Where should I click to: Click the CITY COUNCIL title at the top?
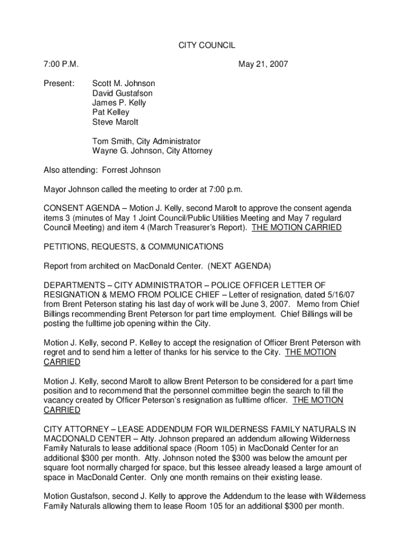207,46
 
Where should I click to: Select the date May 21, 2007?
263,65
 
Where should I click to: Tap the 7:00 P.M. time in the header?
61,65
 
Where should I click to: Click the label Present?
59,83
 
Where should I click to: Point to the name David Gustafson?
123,93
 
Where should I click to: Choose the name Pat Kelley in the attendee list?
111,112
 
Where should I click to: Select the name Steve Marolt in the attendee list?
115,122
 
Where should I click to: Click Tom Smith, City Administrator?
146,142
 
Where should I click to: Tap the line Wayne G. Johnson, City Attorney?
152,151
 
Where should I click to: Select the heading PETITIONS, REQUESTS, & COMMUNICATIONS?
133,246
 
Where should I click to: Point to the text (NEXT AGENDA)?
240,266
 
